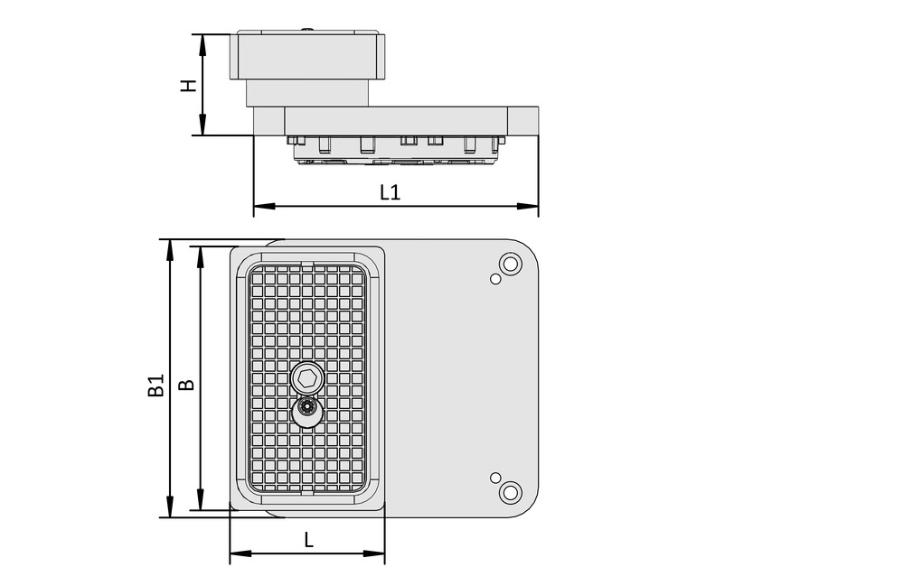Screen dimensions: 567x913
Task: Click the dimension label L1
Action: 390,192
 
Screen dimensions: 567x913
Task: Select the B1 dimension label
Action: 155,386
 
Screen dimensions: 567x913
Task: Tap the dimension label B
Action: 186,385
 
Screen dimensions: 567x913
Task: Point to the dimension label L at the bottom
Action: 308,540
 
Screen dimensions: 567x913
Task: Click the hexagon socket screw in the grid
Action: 307,377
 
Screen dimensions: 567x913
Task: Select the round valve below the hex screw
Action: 307,410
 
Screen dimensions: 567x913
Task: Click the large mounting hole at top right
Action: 511,265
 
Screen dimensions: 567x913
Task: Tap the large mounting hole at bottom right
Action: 511,493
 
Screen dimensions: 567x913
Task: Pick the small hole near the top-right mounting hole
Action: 495,279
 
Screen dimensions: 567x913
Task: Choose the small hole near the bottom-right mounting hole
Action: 494,477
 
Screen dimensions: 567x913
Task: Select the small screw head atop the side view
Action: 308,31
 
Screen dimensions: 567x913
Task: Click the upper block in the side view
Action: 307,56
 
